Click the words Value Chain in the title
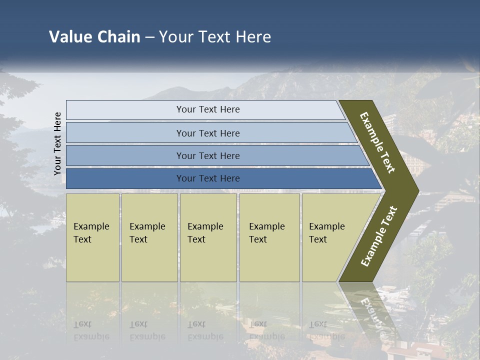(94, 37)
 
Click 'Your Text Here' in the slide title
(215, 37)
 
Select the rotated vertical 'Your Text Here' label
(57, 143)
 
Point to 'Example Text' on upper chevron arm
(377, 142)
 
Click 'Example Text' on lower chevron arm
(379, 236)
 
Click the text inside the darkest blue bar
(208, 178)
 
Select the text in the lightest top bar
(208, 109)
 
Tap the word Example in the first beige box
(91, 226)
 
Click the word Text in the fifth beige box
(317, 239)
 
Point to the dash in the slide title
(149, 37)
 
